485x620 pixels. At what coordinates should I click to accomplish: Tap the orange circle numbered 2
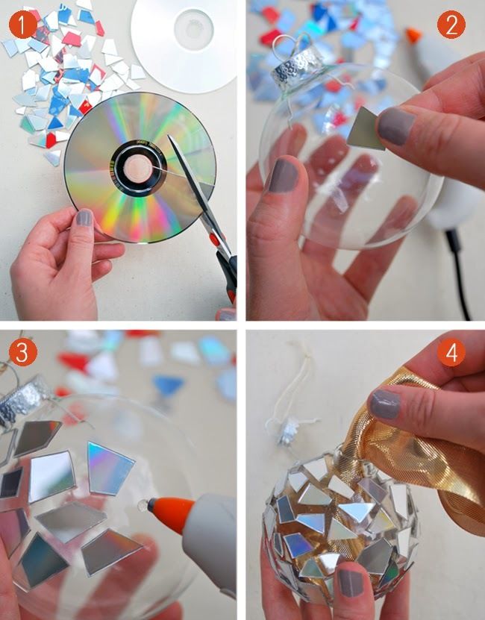pos(451,25)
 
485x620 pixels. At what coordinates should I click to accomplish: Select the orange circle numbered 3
pos(23,352)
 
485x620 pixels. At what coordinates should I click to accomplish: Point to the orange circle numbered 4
pos(451,352)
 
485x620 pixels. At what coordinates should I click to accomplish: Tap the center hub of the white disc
pos(193,29)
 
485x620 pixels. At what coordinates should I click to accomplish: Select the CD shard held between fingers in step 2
pos(366,129)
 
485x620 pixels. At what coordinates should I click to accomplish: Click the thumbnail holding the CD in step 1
pos(84,218)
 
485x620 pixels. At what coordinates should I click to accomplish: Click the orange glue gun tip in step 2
pos(413,34)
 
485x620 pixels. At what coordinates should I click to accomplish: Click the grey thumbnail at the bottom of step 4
pos(350,583)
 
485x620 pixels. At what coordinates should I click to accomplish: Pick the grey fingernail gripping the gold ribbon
pos(384,404)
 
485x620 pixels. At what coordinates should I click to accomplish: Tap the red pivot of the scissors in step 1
pos(214,239)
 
